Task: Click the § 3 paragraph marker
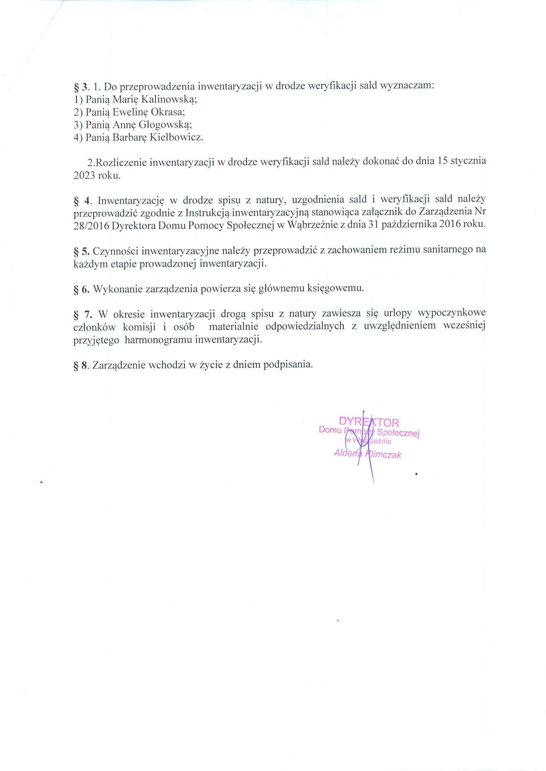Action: click(x=81, y=87)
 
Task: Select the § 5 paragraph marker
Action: click(x=81, y=251)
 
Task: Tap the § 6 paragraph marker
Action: click(x=81, y=289)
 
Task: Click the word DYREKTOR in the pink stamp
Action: click(x=369, y=422)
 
